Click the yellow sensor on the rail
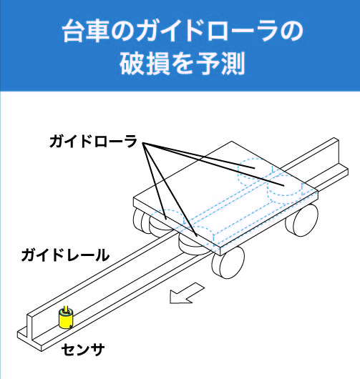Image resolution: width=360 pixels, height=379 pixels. click(66, 319)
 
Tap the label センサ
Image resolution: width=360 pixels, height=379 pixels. click(83, 350)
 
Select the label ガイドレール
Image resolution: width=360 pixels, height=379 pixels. click(65, 255)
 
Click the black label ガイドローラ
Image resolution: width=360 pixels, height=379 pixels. click(93, 142)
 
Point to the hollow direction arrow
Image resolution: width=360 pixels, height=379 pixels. click(186, 293)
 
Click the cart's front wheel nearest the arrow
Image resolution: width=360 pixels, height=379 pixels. click(228, 263)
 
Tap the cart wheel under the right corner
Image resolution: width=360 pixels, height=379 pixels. click(302, 220)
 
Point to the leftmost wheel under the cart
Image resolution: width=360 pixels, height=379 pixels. click(138, 220)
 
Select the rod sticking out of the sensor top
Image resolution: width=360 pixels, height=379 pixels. click(66, 310)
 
